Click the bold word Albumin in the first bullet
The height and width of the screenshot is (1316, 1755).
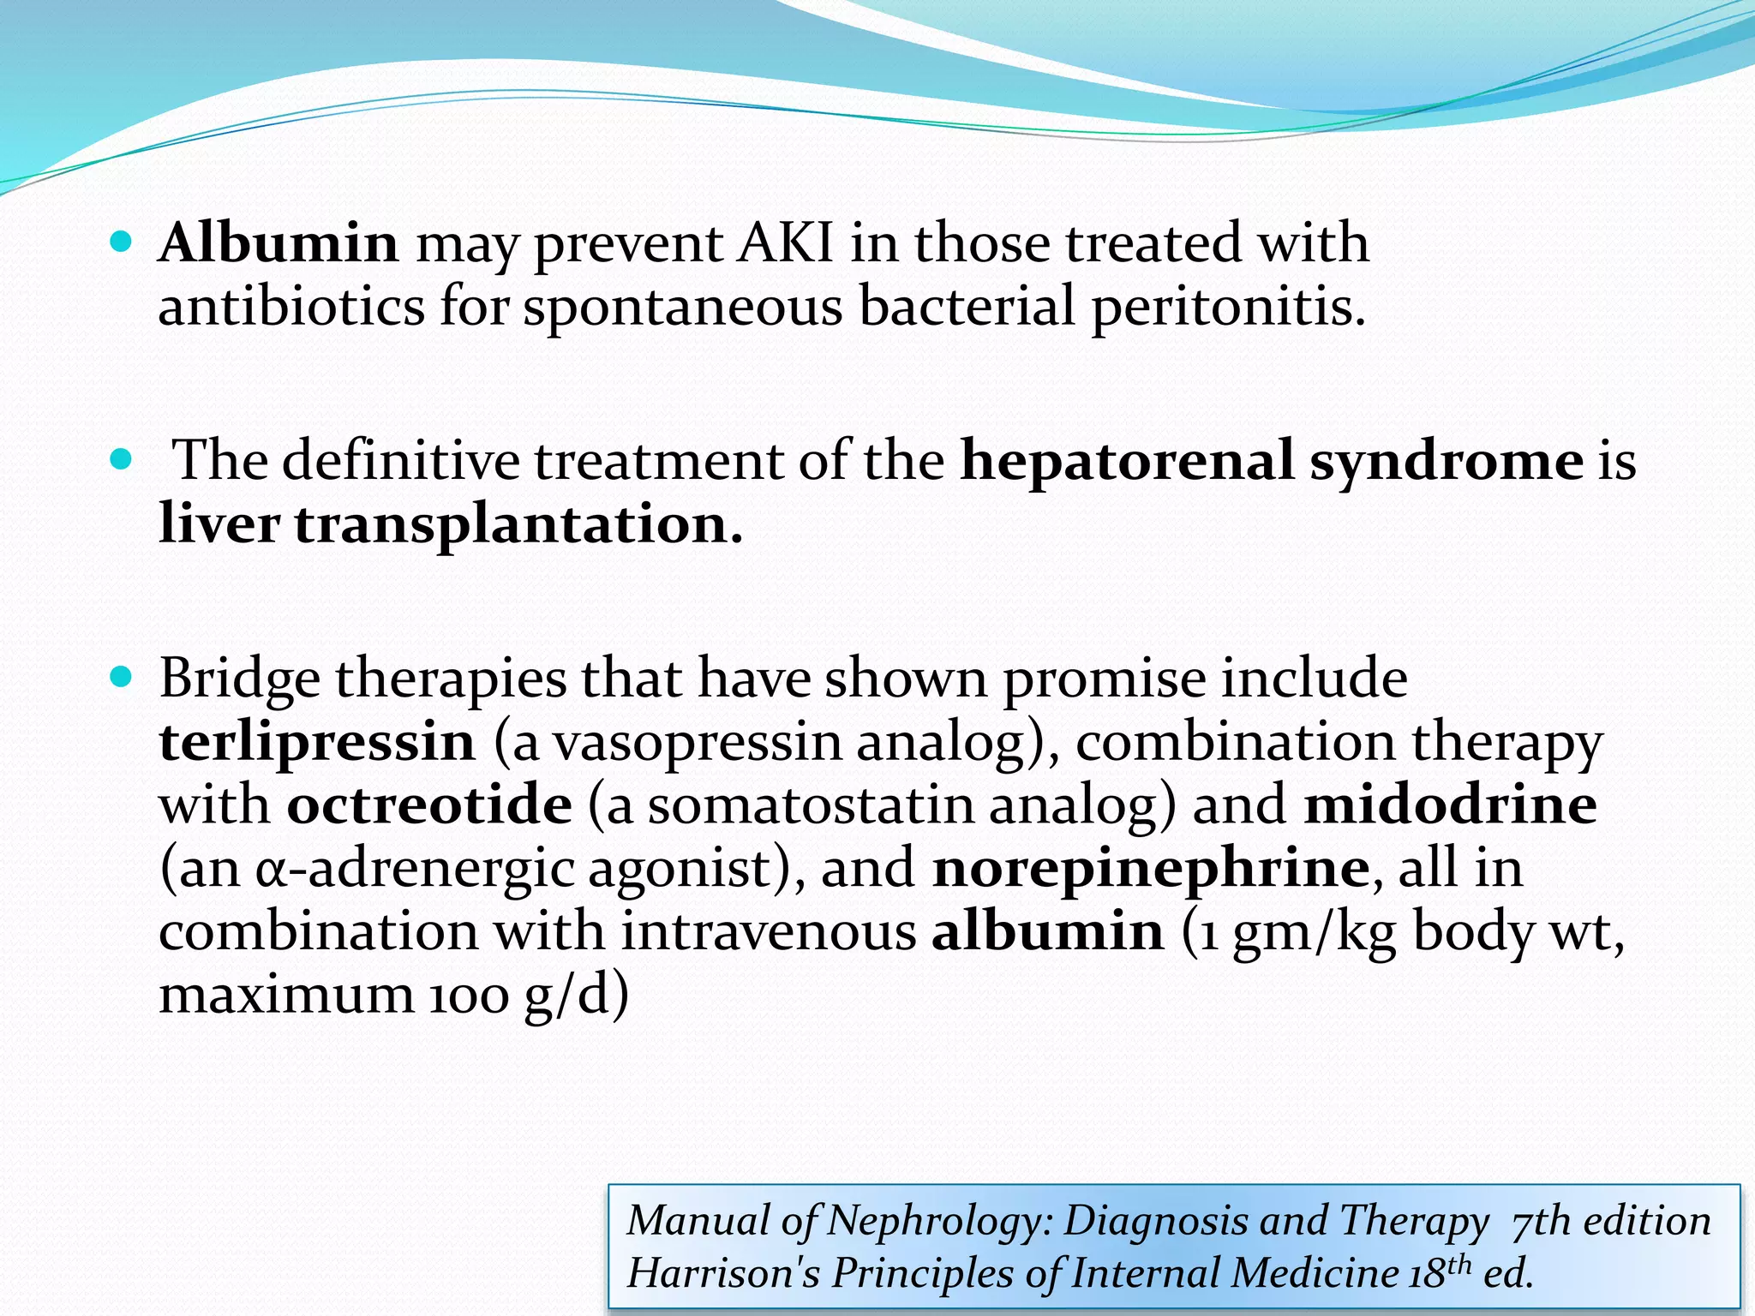[x=279, y=242]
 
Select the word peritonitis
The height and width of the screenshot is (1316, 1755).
[x=1227, y=306]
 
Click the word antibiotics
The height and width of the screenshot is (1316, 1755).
[x=291, y=306]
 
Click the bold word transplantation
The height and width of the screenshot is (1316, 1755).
[x=518, y=523]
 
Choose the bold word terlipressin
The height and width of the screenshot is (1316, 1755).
[x=317, y=741]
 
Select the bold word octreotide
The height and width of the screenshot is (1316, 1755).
[x=429, y=805]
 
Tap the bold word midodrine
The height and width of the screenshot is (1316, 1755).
[x=1451, y=805]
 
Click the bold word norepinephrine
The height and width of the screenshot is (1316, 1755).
[x=1151, y=868]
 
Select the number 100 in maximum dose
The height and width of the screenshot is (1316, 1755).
[x=469, y=996]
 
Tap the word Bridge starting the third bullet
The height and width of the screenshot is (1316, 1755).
[x=239, y=679]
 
